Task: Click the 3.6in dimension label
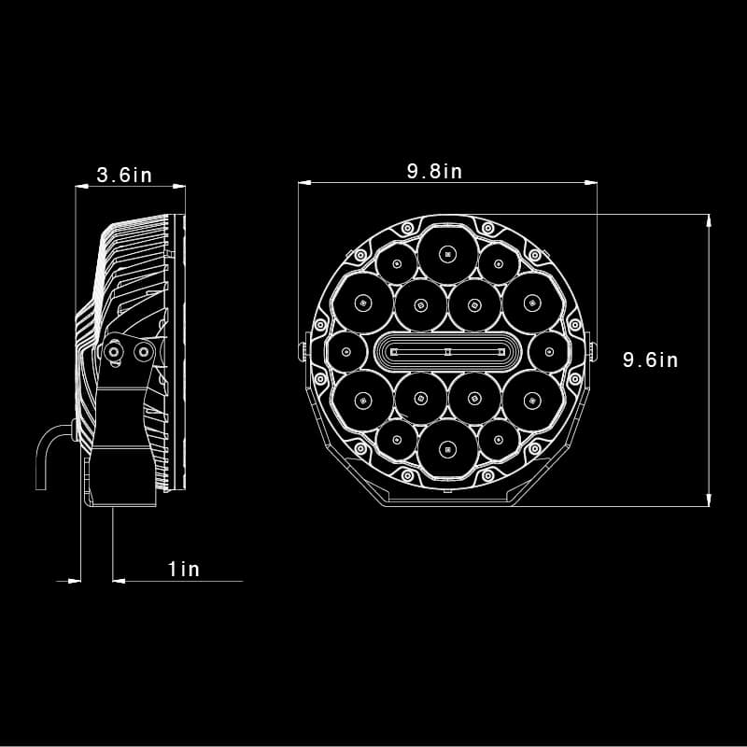124,175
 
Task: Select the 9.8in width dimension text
434,171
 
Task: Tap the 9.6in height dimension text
650,359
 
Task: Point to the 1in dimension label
184,569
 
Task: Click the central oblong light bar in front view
448,352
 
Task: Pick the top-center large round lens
447,254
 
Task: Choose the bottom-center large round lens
447,449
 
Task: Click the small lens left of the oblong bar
346,352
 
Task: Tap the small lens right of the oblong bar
549,352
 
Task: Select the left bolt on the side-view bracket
113,352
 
